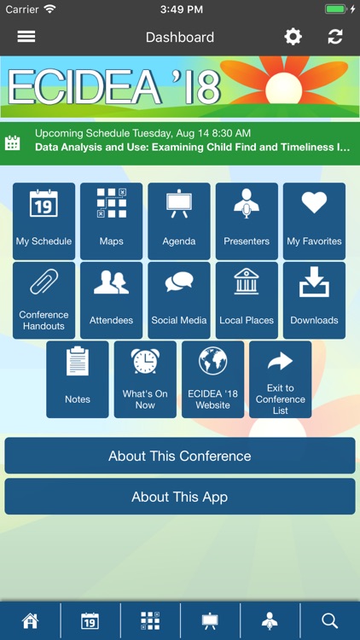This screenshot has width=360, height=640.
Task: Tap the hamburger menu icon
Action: coord(26,37)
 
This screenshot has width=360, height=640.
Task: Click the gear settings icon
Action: coord(293,37)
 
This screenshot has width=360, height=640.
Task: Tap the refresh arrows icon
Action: coord(335,37)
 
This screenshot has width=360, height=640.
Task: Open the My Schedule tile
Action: coord(44,220)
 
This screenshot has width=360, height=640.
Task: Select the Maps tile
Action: coord(111,220)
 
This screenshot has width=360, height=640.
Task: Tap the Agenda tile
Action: coord(179,220)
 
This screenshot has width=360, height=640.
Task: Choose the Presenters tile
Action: coord(247,220)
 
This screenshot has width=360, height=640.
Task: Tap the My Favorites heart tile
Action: coord(314,220)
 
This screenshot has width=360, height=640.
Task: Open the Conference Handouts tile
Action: coord(44,300)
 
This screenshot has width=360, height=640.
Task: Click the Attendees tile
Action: coord(111,300)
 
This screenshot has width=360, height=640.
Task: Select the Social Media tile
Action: coord(179,300)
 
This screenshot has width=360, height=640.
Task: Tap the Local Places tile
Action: coord(247,300)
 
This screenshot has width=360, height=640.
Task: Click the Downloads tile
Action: coord(314,300)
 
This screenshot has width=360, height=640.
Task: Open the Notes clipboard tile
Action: coord(78,379)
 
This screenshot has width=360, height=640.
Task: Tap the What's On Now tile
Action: coord(145,379)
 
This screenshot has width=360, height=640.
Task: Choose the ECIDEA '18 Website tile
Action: coord(212,379)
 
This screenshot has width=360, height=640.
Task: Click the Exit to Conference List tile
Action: coord(280,379)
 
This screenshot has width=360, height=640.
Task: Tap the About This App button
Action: coord(179,497)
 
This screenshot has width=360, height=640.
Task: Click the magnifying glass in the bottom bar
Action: coord(330,620)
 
